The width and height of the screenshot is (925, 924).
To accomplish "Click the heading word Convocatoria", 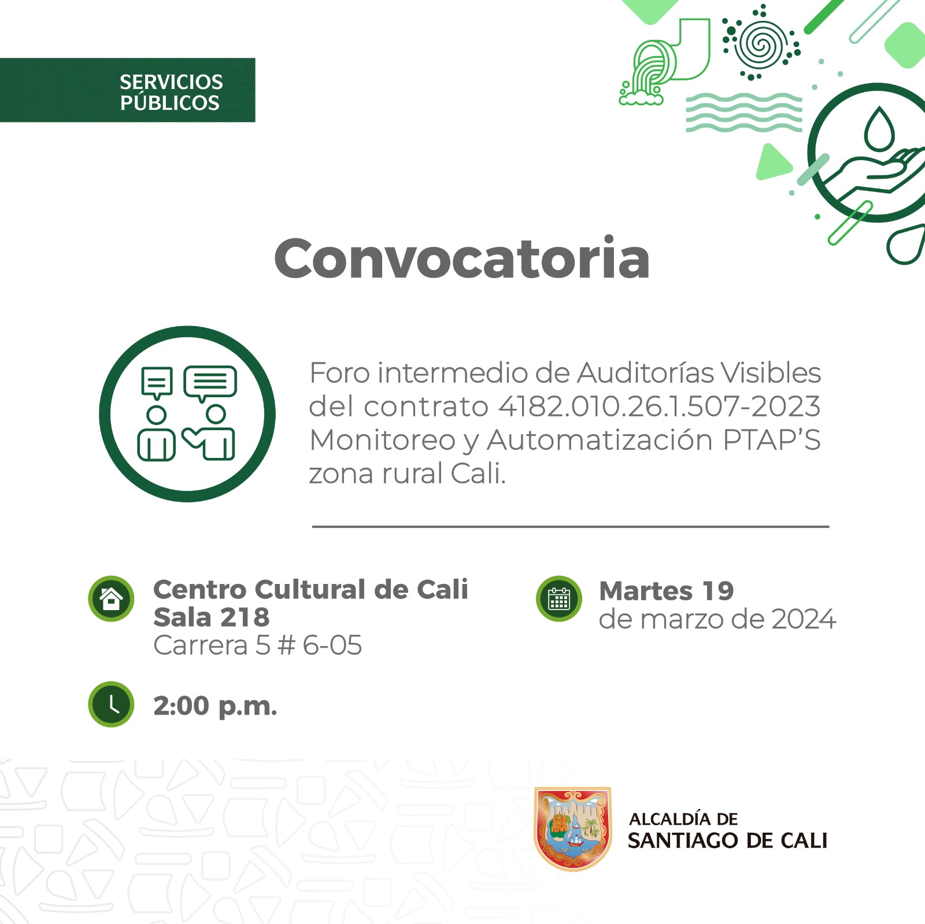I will pos(461,258).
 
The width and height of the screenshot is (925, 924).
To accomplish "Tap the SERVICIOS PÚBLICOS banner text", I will pos(171,92).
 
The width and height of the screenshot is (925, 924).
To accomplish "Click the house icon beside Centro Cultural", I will pos(111,598).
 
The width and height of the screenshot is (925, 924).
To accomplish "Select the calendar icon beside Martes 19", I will pos(559,598).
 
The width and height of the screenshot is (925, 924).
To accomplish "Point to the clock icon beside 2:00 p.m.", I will pos(111,704).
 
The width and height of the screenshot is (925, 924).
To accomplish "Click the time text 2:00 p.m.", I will pos(215,706).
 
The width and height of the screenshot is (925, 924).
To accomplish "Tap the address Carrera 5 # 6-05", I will pos(257,645).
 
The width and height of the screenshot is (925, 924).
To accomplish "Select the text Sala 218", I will pos(212,618).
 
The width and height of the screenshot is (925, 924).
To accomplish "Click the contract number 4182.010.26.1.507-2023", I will pos(659,406).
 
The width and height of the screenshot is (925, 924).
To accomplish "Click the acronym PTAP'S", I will pos(772,440).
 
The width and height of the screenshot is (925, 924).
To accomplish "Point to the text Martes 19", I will pos(666,591).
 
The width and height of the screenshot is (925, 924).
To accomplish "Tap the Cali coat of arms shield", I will pos(572,828).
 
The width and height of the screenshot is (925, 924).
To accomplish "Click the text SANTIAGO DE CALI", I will pos(727,841).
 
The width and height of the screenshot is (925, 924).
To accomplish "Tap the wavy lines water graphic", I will pos(743,112).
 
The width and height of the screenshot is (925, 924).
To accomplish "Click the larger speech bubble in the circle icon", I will pos(210,382).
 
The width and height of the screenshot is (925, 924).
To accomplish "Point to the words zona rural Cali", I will pos(407,474).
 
